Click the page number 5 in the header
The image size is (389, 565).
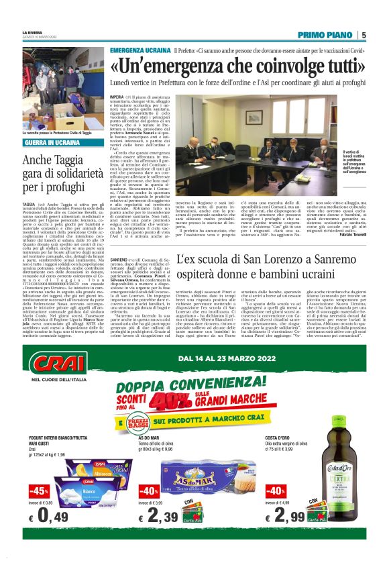[364, 35]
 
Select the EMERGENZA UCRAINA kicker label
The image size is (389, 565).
[140, 51]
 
